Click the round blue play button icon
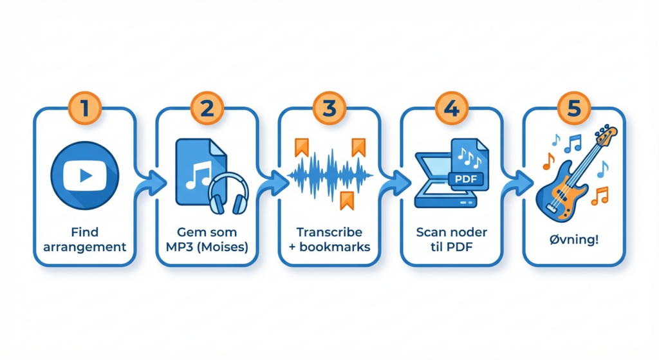[x=84, y=175]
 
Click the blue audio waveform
[x=329, y=174]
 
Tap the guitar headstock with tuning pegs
[x=606, y=136]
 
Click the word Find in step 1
[x=84, y=232]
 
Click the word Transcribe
[x=329, y=232]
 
